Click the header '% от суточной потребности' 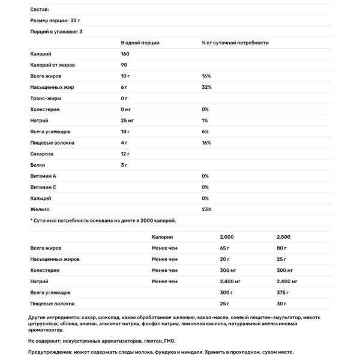pyautogui.click(x=235, y=43)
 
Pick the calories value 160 pyautogui.click(x=125, y=55)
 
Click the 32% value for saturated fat pyautogui.click(x=206, y=88)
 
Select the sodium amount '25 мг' pyautogui.click(x=128, y=121)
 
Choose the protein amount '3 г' pyautogui.click(x=124, y=164)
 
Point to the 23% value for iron pyautogui.click(x=206, y=209)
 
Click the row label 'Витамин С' pyautogui.click(x=43, y=187)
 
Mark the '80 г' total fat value pyautogui.click(x=282, y=248)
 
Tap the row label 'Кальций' pyautogui.click(x=41, y=198)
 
